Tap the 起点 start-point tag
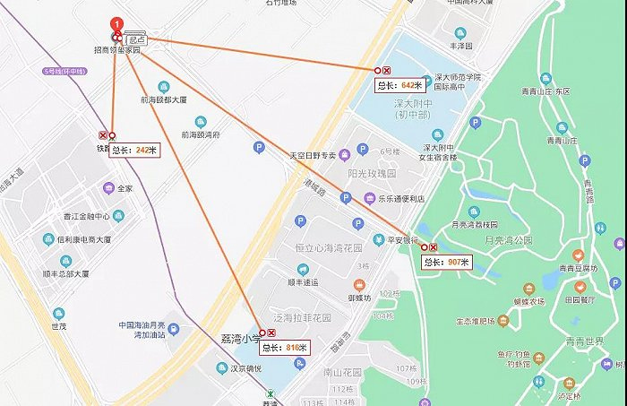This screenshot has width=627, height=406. [136, 40]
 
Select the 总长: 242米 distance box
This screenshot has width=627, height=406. [133, 151]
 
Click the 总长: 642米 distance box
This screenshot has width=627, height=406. [398, 85]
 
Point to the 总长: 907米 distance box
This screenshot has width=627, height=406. [447, 262]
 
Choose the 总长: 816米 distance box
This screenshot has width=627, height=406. [285, 347]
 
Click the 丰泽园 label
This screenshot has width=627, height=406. [461, 44]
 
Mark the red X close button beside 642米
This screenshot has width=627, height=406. [387, 70]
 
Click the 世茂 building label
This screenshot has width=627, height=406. [59, 326]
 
